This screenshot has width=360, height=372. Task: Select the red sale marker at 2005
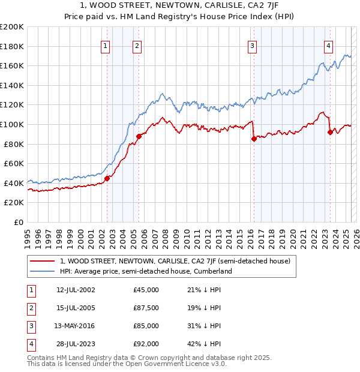[x=139, y=136]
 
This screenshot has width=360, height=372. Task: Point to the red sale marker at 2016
[x=254, y=139]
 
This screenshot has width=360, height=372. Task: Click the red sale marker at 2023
[x=330, y=132]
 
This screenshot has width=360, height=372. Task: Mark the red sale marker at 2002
[x=107, y=178]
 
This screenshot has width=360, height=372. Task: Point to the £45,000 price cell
[x=146, y=290]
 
